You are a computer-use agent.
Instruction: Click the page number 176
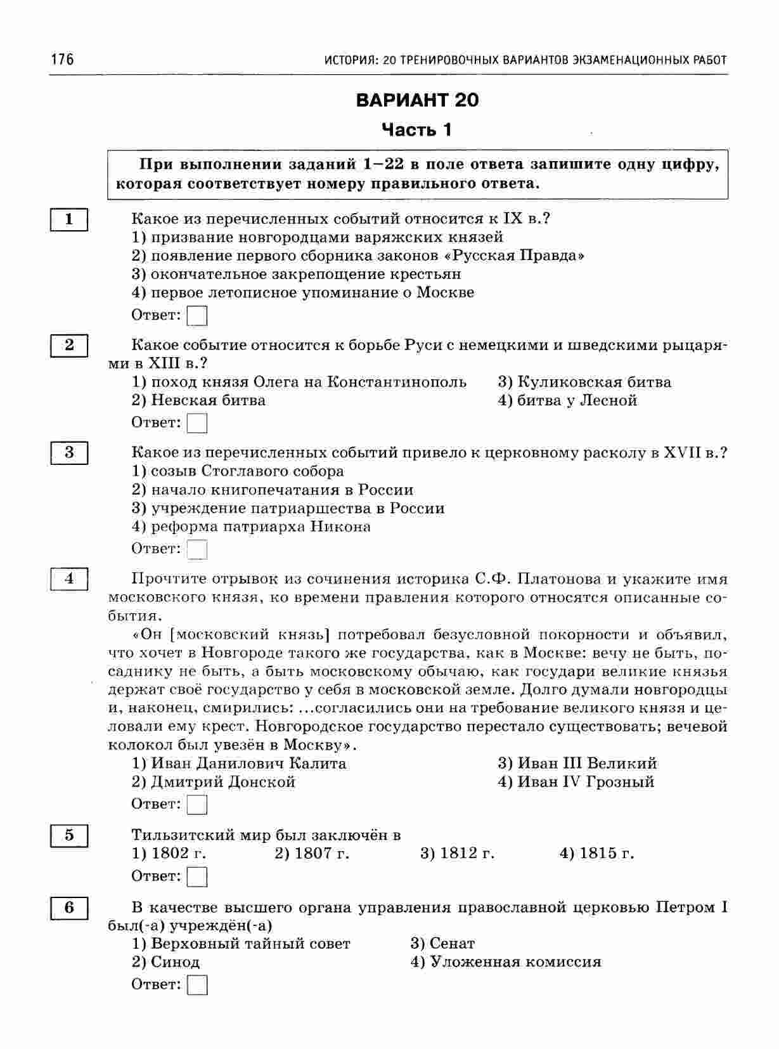click(62, 60)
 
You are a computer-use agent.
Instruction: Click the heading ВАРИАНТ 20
click(418, 100)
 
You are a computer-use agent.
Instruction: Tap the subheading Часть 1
click(417, 130)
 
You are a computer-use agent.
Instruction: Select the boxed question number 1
click(68, 220)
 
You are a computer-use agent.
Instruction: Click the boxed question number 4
click(68, 578)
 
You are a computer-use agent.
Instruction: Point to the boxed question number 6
click(68, 908)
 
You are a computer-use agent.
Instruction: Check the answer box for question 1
click(198, 315)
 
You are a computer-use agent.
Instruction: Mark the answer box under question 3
click(198, 549)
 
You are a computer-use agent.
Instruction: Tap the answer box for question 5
click(198, 876)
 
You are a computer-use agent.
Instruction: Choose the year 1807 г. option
click(312, 853)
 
